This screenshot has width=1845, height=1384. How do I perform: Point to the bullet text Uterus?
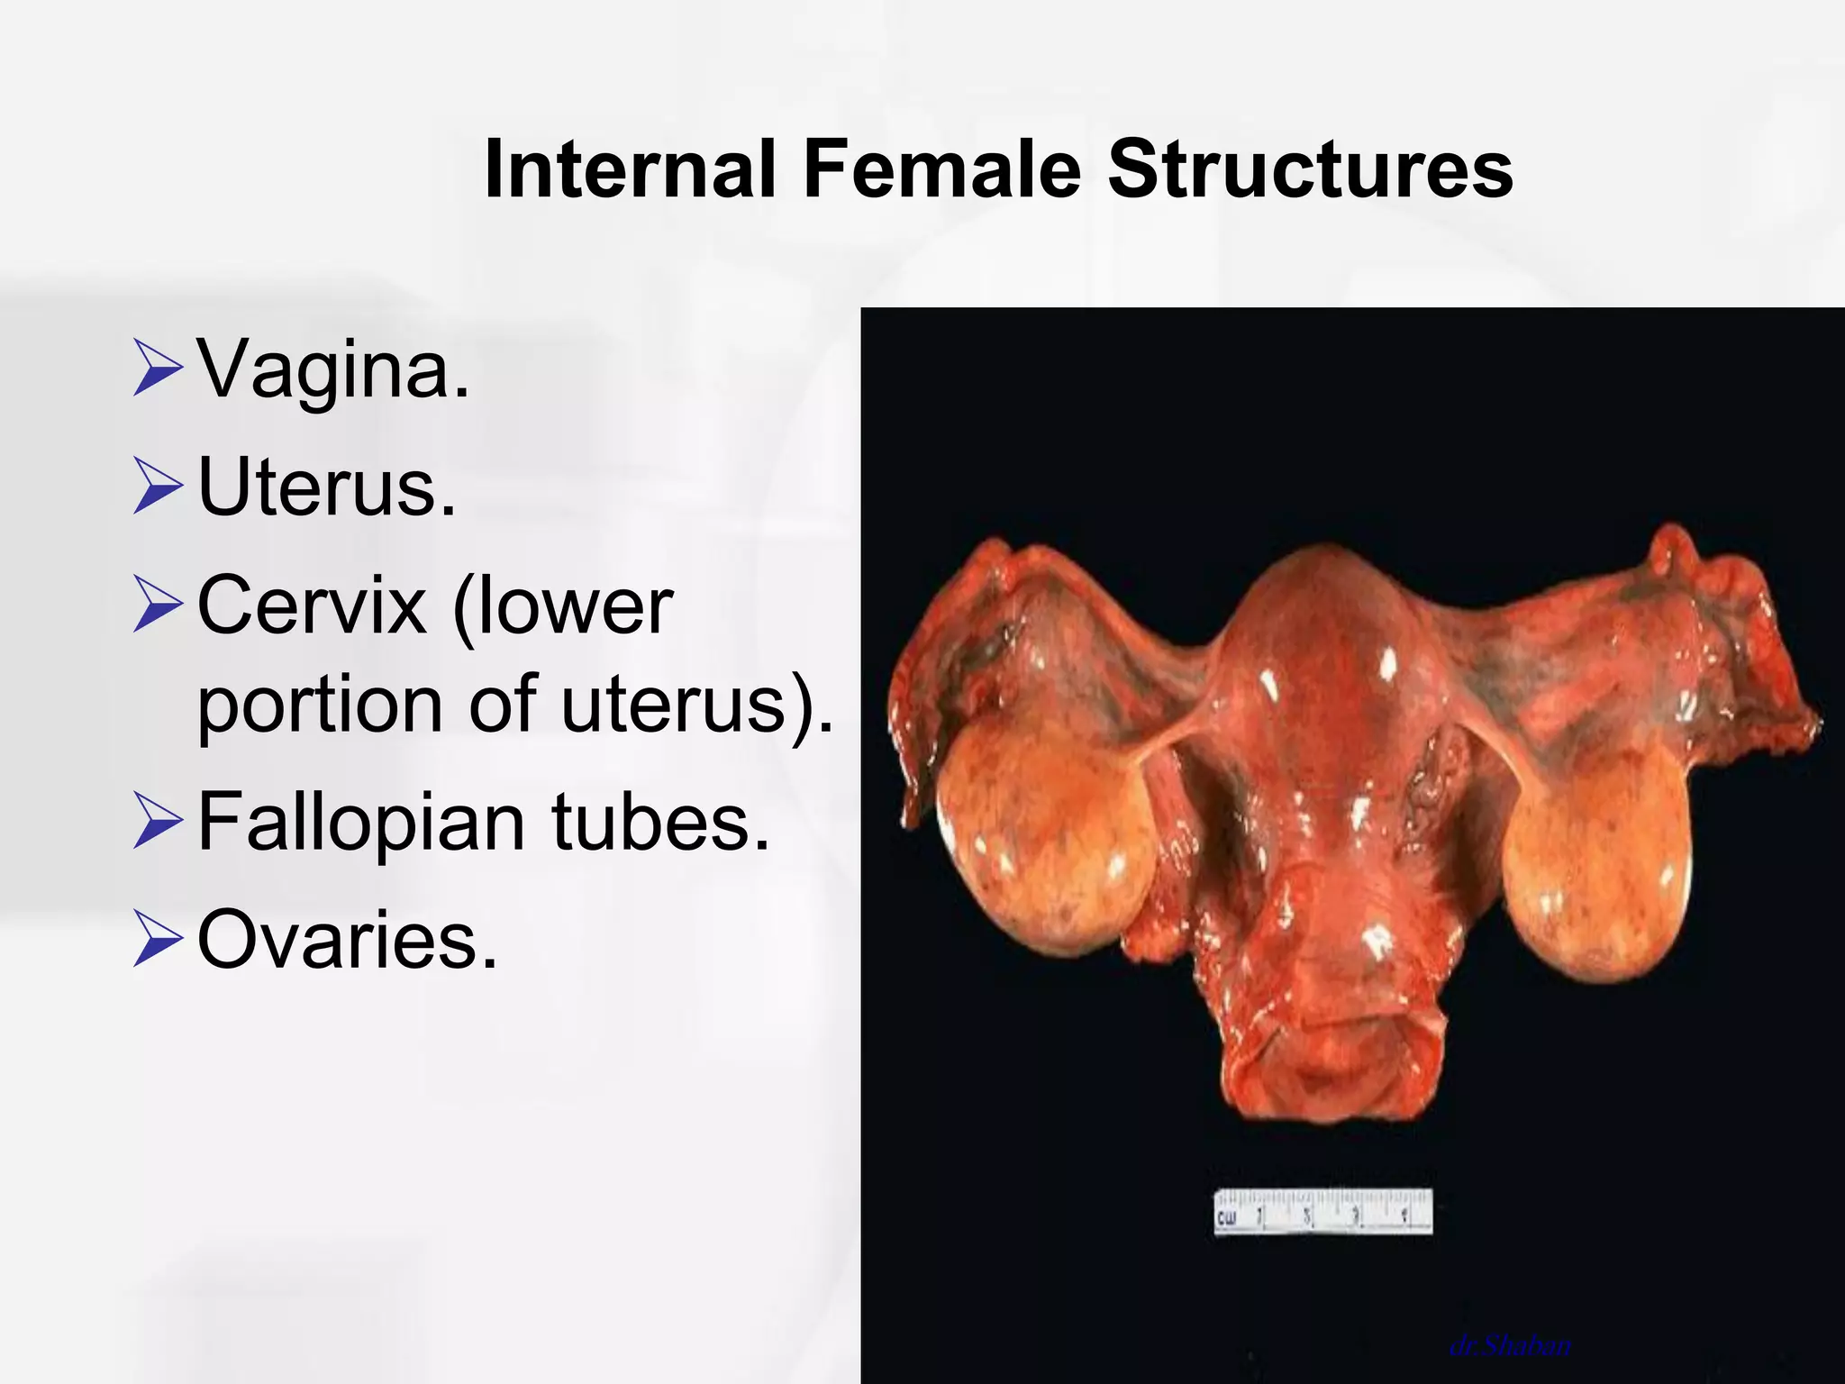pyautogui.click(x=327, y=487)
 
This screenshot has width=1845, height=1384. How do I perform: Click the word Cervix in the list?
pyautogui.click(x=311, y=605)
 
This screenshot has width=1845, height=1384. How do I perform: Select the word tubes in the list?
pyautogui.click(x=661, y=821)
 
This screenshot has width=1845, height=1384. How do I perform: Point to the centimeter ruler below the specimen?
pyautogui.click(x=1322, y=1213)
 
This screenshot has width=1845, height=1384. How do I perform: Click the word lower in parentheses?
pyautogui.click(x=564, y=605)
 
